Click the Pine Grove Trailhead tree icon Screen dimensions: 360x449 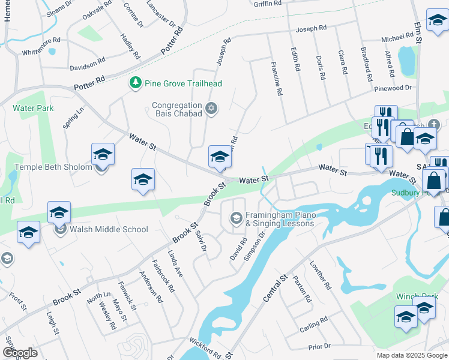[137, 83]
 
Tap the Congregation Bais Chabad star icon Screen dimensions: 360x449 [211, 109]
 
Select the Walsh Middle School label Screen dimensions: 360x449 [109, 229]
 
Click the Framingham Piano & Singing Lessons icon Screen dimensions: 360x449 [237, 217]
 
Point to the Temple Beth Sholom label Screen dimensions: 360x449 [53, 167]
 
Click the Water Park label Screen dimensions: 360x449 [33, 108]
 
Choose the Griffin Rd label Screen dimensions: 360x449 [268, 4]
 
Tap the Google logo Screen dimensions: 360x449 [20, 353]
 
